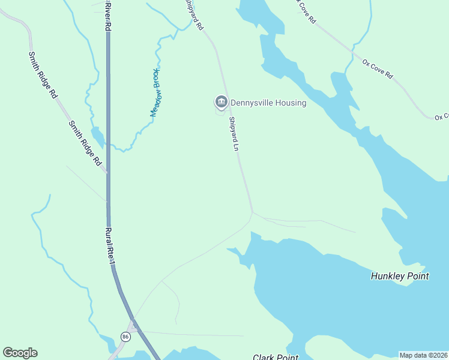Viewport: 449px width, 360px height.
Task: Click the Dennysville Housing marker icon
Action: coord(221,103)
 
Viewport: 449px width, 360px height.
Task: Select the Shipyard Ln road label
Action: coord(234,133)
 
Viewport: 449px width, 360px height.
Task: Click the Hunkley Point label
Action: coord(400,276)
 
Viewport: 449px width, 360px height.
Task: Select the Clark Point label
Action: coord(276,357)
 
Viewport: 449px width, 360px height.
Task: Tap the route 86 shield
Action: coord(125,337)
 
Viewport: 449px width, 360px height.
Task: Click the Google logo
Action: coord(20,353)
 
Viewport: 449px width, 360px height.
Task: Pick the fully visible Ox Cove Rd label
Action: coord(377,68)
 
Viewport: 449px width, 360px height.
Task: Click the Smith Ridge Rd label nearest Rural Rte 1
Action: coord(84,143)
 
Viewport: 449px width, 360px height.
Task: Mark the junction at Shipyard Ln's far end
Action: coord(252,211)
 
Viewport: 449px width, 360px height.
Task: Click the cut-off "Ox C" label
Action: coord(442,116)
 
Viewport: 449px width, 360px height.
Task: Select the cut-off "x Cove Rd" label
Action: coord(305,11)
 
